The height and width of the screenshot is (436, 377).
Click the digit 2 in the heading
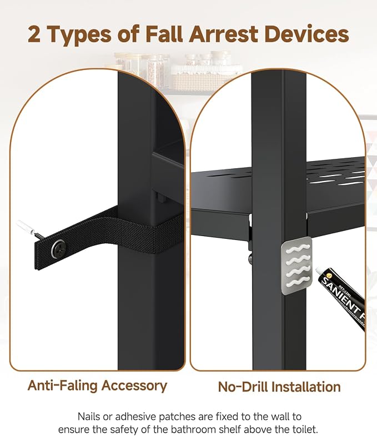point(34,34)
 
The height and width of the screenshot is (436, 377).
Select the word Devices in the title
point(306,34)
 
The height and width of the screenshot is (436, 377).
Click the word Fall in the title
point(164,34)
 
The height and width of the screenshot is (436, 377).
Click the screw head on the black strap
point(59,248)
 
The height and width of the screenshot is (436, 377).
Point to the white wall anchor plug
point(25,227)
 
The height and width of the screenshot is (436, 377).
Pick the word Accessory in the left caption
point(134,386)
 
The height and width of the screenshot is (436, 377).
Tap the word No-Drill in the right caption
point(242,387)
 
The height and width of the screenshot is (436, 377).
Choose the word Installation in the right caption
point(305,387)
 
